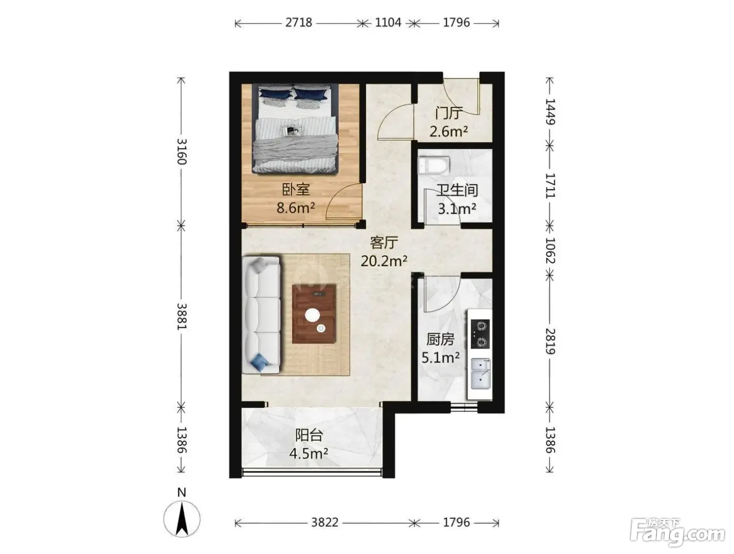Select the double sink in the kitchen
[481, 374]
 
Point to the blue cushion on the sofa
[261, 363]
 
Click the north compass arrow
[182, 519]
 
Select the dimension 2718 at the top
[299, 23]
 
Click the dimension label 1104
[388, 23]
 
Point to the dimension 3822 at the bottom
[325, 522]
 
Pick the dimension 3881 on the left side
[181, 316]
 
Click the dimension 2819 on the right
[550, 341]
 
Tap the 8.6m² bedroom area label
[296, 208]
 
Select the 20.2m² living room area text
[384, 261]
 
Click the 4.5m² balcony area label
[308, 454]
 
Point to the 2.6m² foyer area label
[448, 132]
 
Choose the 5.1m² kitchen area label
[440, 358]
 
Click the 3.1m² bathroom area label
[457, 209]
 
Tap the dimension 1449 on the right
[550, 112]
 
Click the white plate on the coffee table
[312, 314]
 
